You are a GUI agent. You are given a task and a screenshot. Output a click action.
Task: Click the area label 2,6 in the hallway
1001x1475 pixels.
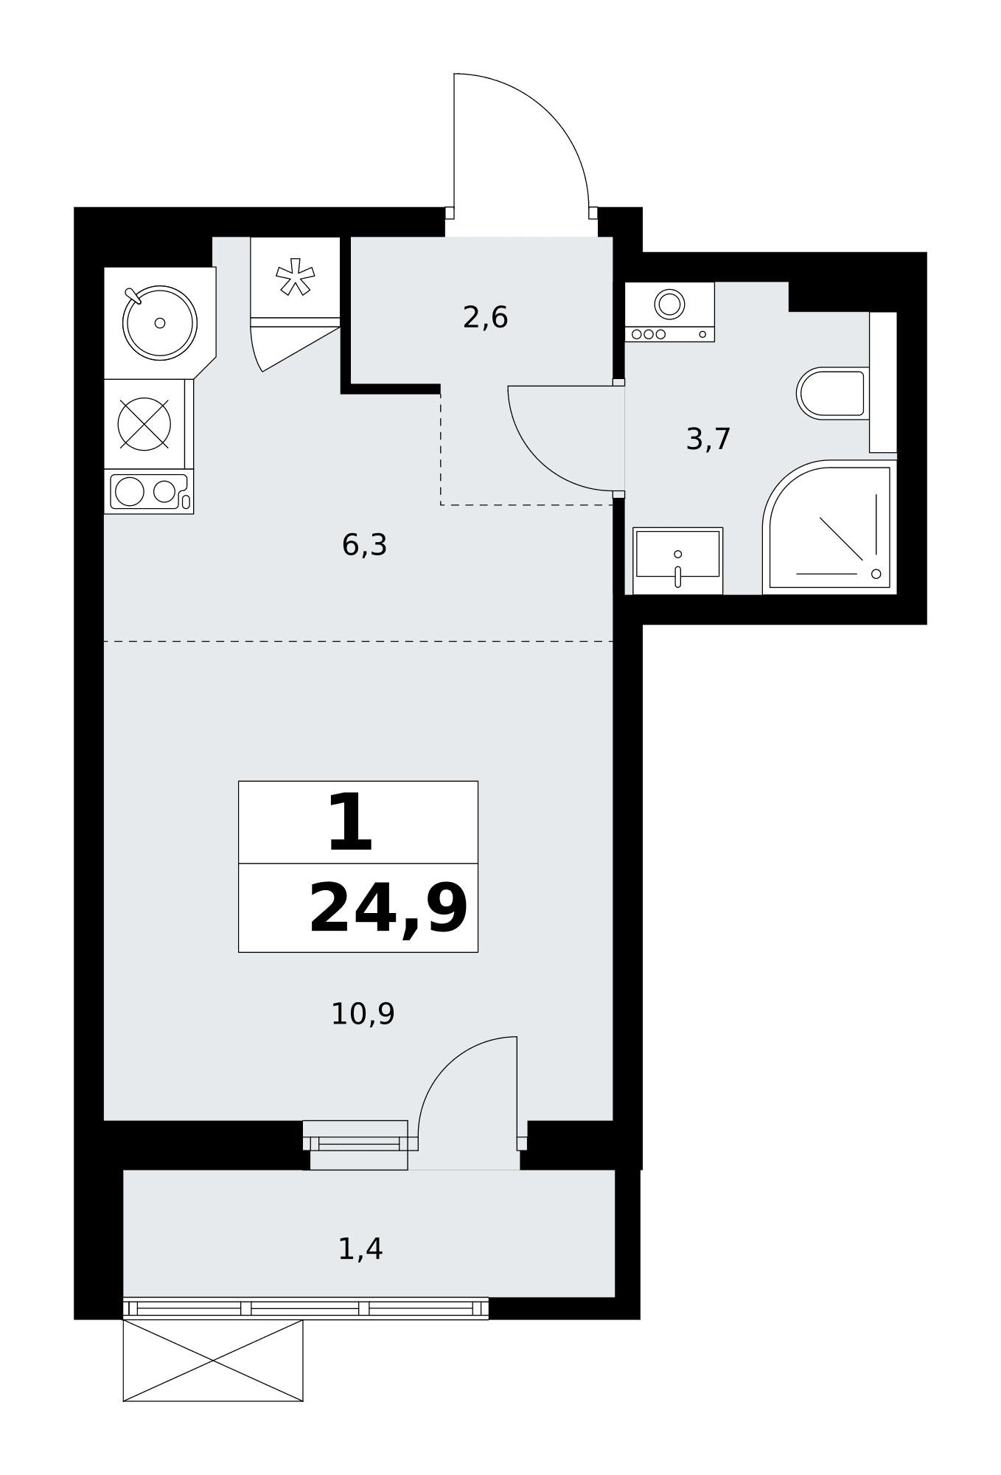click(485, 318)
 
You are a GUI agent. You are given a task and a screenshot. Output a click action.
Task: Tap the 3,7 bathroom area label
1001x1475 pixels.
click(708, 440)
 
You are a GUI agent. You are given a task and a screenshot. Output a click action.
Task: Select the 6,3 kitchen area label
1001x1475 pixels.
click(364, 545)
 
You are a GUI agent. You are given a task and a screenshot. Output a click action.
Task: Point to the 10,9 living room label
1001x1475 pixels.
click(363, 1014)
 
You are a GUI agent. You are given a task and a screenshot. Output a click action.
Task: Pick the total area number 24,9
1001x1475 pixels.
click(388, 909)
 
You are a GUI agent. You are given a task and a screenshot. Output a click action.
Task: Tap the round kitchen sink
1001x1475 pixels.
click(159, 322)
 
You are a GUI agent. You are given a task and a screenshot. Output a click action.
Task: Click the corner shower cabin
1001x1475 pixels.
click(830, 527)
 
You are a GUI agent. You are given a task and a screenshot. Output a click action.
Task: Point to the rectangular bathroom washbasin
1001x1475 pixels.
click(677, 560)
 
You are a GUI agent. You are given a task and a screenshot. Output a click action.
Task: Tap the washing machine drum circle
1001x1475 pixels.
click(670, 303)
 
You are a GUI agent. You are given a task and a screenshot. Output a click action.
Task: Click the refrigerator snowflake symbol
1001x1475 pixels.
click(295, 277)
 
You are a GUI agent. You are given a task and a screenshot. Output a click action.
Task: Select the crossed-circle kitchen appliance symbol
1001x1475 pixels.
click(144, 424)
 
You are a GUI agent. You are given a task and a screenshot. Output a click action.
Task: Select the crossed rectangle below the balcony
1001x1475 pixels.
click(213, 1360)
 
